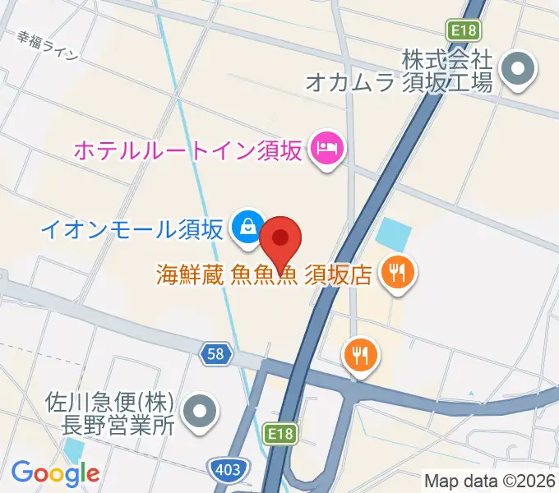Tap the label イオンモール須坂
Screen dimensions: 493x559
132,228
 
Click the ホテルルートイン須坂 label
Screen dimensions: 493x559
188,150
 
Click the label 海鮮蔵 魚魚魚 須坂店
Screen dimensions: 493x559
266,274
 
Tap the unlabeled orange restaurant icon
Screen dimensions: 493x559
360,355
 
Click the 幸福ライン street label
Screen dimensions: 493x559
48,46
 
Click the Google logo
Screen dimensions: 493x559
55,472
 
